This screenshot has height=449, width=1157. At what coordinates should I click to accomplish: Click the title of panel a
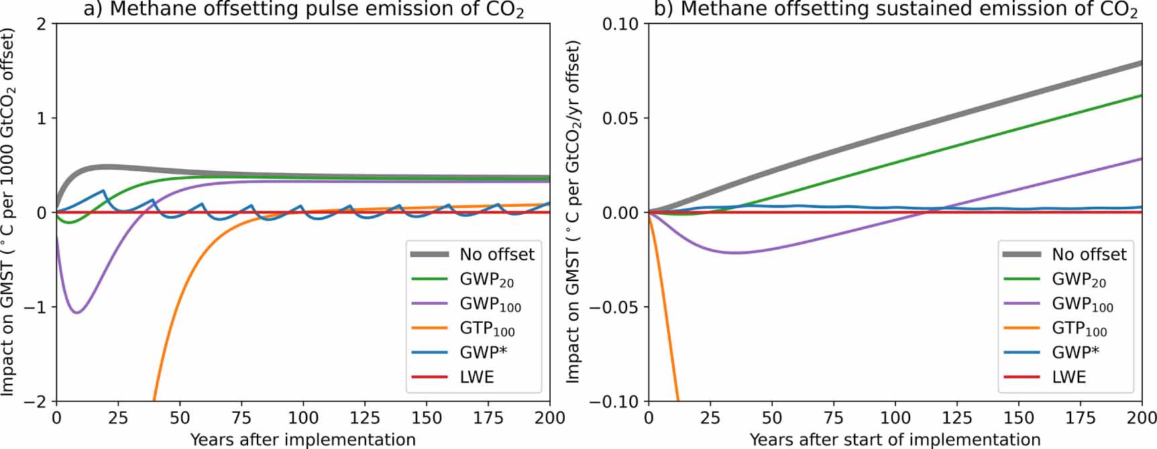point(303,10)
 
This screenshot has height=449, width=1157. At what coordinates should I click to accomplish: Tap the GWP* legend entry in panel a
point(478,352)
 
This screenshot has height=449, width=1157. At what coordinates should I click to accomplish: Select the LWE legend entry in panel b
point(1068,377)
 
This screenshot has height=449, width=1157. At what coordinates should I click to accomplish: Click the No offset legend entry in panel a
point(496,254)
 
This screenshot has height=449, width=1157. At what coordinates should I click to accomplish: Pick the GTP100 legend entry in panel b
point(1079,328)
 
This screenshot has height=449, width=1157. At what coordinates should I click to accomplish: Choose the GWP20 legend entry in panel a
point(486,279)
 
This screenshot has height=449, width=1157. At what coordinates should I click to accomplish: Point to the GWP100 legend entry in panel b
point(1082,304)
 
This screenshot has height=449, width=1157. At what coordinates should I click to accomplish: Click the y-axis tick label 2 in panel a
point(42,24)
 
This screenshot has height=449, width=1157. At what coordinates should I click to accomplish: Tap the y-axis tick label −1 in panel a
point(37,307)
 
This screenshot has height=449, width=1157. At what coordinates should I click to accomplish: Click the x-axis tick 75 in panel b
point(833,417)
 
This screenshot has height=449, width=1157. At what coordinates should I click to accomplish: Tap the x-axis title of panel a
point(303,440)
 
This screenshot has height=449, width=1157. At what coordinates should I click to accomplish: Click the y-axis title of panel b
point(573,212)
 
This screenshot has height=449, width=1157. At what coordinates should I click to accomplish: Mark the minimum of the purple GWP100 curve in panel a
point(76,313)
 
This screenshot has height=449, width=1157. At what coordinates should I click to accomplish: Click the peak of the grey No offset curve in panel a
point(106,166)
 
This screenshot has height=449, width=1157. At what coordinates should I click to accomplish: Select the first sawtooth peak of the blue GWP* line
point(104,191)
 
